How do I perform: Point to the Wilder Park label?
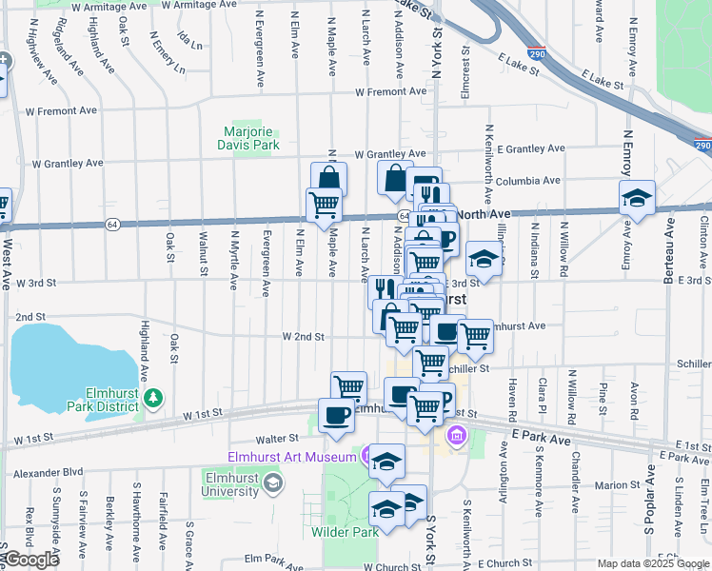pos(346,532)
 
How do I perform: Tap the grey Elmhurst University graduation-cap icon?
pos(274,483)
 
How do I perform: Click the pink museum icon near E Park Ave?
pos(456,436)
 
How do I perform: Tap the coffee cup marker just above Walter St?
pos(337,415)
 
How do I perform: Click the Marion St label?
pos(619,484)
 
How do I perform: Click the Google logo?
pos(30,560)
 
